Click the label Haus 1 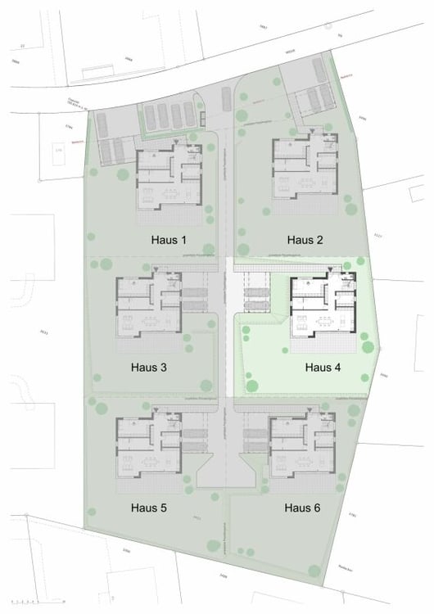170,240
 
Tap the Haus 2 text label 305,240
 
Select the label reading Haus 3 149,367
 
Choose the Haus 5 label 149,508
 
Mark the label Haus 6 302,508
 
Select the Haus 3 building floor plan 147,304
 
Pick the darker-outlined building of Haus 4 323,304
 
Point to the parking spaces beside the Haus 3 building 196,299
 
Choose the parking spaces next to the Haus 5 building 195,442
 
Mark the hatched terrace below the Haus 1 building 169,216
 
